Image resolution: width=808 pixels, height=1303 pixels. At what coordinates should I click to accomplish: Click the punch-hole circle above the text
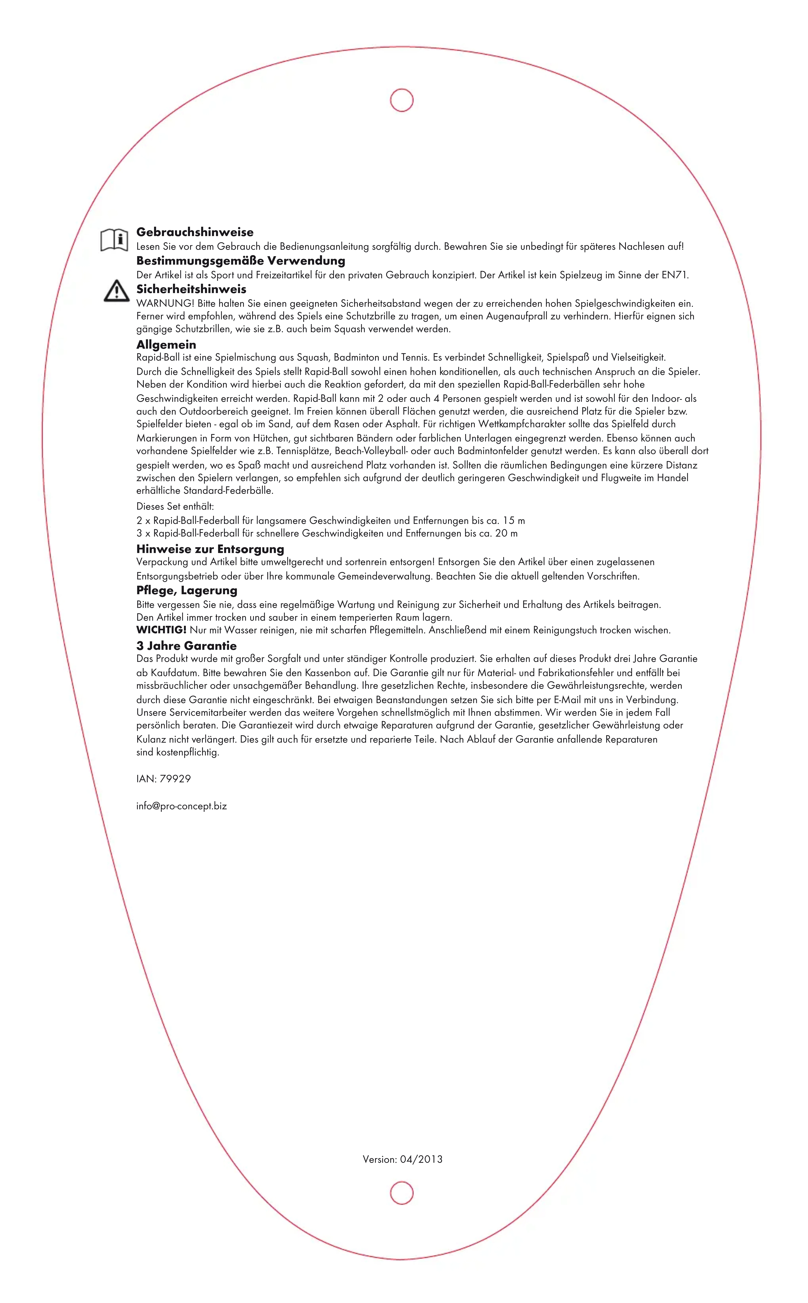coord(402,100)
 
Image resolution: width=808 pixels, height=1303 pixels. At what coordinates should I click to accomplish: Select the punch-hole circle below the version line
coord(402,1193)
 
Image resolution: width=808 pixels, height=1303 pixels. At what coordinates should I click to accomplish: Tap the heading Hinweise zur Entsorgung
coord(210,549)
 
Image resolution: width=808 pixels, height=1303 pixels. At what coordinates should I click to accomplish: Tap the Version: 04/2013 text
coord(402,1159)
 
